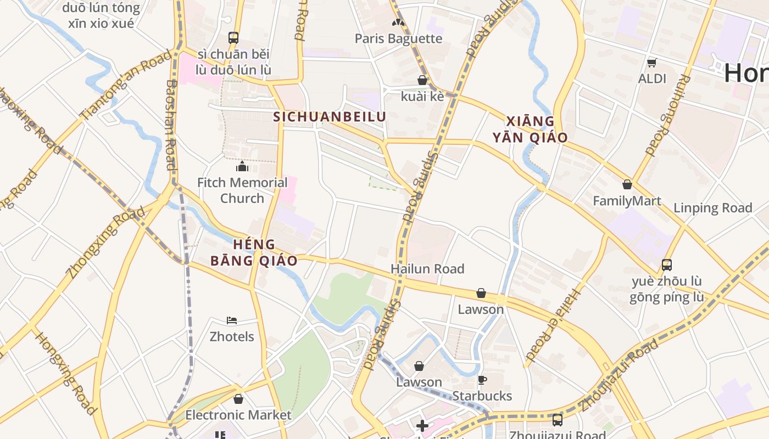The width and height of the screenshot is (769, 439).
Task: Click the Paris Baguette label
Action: (398, 38)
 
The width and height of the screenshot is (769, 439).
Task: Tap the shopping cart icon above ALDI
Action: (652, 63)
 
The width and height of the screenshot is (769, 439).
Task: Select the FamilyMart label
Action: (627, 201)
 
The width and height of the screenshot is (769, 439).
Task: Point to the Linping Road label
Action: (712, 208)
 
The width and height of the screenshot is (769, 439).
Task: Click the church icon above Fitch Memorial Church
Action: (242, 167)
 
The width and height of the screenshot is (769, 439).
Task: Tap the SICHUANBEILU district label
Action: (330, 117)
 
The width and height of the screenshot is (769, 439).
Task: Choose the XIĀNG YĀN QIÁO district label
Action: (530, 130)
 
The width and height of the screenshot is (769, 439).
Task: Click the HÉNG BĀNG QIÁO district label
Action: (254, 252)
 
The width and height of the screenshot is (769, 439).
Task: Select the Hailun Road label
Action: (427, 269)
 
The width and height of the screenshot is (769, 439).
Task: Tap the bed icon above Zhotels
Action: (232, 320)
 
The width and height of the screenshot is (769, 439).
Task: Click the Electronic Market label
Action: (238, 415)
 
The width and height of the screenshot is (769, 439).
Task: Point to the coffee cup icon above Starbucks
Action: (482, 380)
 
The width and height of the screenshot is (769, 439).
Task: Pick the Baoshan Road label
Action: (171, 125)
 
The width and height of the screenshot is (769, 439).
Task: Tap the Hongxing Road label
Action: (65, 373)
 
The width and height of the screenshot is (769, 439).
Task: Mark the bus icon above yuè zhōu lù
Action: (666, 265)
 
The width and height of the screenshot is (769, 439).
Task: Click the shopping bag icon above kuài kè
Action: (422, 80)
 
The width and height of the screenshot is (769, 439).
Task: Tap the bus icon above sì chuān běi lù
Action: (233, 38)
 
